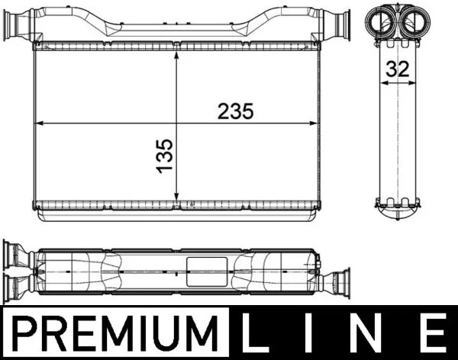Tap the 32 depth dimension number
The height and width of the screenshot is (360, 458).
coord(397,69)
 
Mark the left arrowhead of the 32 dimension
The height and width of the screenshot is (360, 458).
coord(382,85)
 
